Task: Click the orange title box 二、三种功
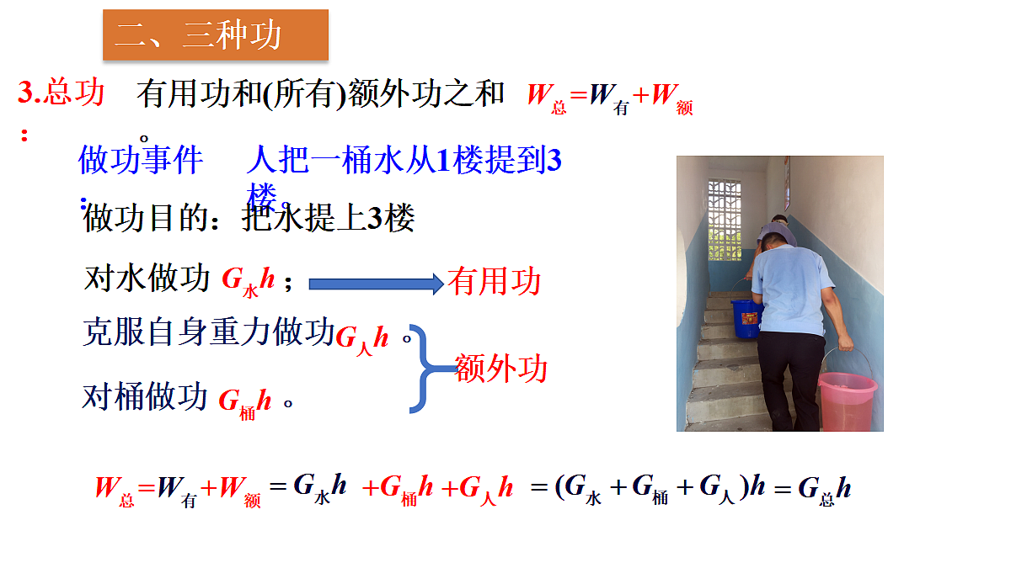pos(215,35)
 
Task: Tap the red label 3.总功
pos(62,93)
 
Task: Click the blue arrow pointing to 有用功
pos(375,284)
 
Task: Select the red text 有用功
pos(495,282)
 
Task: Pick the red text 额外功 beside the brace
pos(501,369)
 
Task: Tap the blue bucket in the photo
pos(746,318)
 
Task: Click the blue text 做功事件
pos(141,159)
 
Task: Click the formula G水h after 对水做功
pos(249,281)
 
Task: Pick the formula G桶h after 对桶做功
pos(245,401)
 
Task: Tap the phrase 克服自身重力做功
pos(209,332)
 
